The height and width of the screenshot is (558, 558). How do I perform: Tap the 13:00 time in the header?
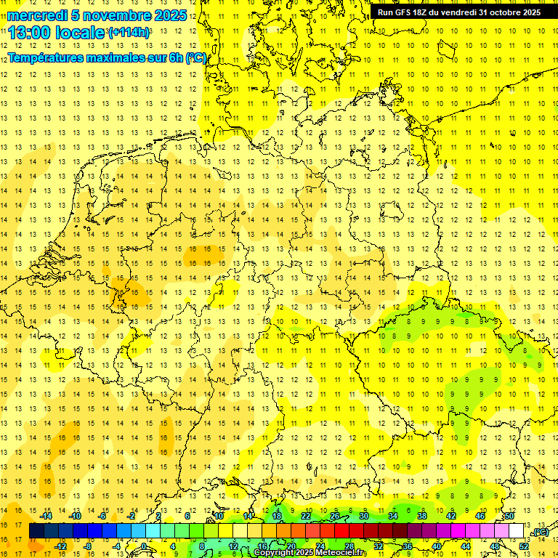click(x=31, y=33)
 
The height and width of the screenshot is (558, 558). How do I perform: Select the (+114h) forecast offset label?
click(x=129, y=32)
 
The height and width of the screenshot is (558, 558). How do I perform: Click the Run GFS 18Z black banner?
click(x=458, y=12)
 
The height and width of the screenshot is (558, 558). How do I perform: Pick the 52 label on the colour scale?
click(x=524, y=546)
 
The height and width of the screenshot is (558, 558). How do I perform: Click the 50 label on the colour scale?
click(x=509, y=516)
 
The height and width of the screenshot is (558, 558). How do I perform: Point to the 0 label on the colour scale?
click(x=144, y=546)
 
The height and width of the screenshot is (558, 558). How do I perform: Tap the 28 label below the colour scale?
click(x=349, y=546)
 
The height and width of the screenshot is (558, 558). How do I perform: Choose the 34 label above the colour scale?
click(x=393, y=516)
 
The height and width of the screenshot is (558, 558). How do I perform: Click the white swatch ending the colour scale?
click(x=516, y=531)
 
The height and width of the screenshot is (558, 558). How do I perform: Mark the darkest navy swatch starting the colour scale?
click(x=36, y=531)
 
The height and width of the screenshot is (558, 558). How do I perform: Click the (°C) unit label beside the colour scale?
click(x=540, y=533)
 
